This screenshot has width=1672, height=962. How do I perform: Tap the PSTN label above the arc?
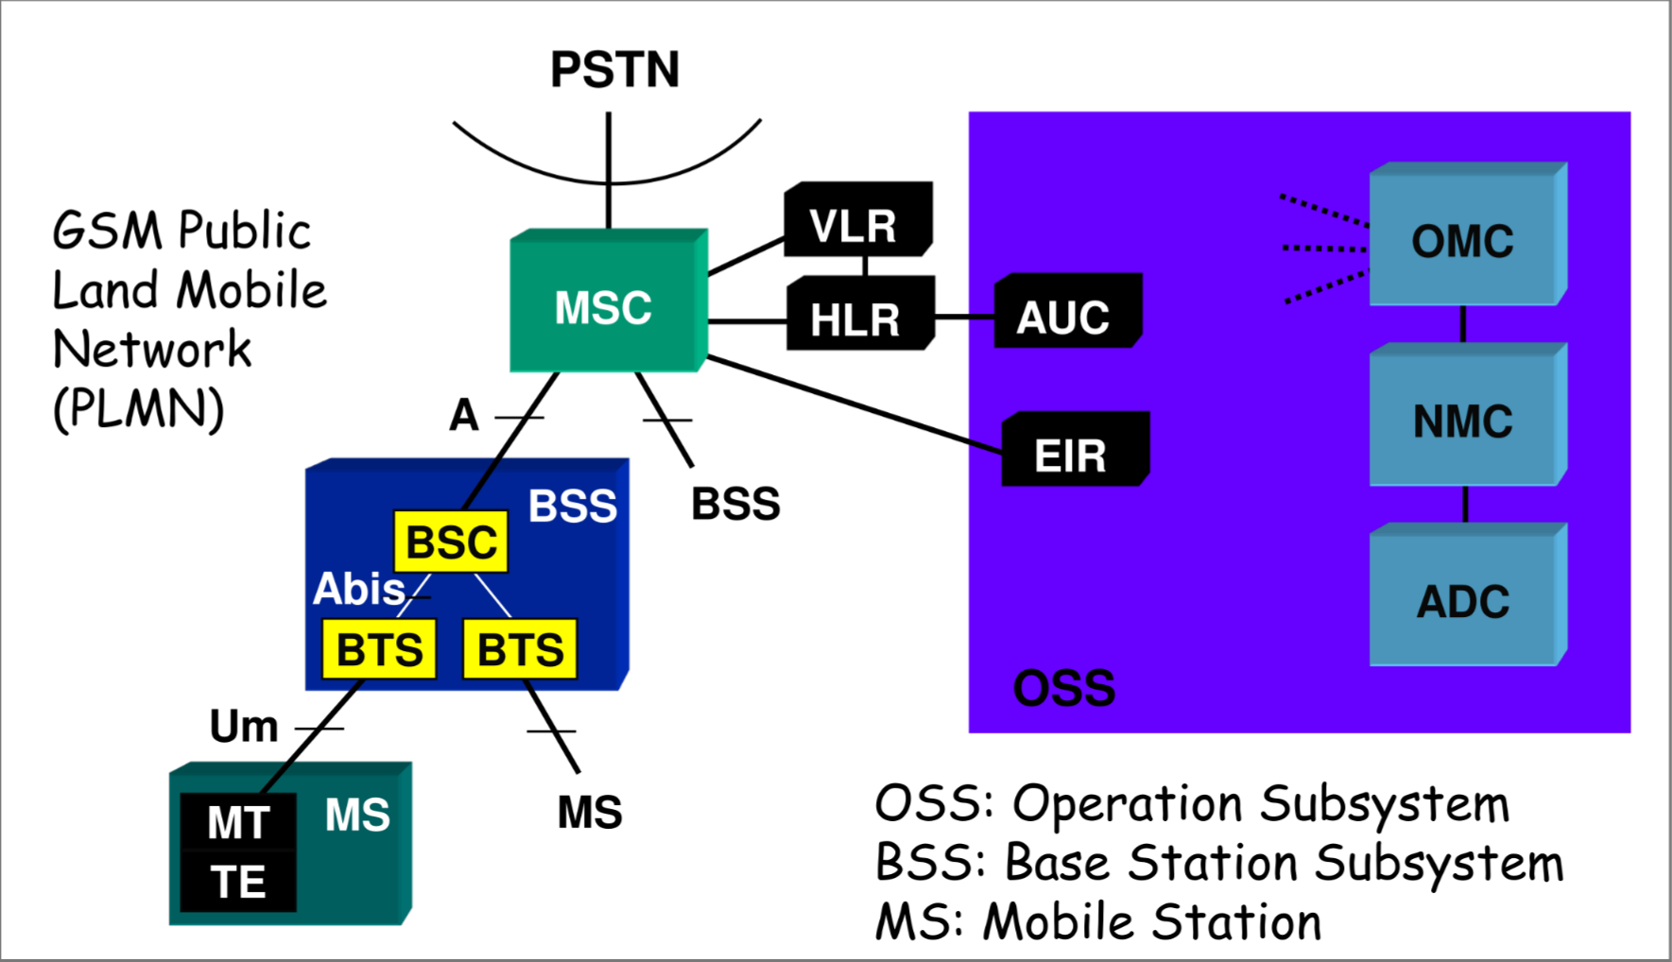tap(614, 70)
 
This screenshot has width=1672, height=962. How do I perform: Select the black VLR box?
tap(855, 224)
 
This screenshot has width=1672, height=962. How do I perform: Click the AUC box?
tap(1065, 316)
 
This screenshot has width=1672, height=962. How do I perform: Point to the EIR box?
tap(1073, 454)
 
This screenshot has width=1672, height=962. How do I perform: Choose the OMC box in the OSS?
tap(1463, 240)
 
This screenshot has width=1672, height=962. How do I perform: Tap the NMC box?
tap(1463, 421)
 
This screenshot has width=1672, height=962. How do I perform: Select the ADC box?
tap(1463, 600)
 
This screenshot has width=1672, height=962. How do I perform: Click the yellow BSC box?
tap(451, 542)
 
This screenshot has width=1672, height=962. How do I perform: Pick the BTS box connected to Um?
tap(379, 649)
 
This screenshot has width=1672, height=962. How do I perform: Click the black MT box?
tap(238, 822)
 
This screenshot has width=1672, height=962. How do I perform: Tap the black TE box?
tap(238, 882)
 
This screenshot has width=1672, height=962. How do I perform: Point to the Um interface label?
tap(244, 727)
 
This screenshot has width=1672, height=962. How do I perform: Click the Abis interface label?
tap(359, 589)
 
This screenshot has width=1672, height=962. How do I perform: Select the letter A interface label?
tap(463, 415)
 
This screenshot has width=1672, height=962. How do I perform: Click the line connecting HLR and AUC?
tap(965, 317)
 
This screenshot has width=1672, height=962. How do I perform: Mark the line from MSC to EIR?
tap(851, 404)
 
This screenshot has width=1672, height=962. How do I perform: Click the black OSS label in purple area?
tap(1063, 687)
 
